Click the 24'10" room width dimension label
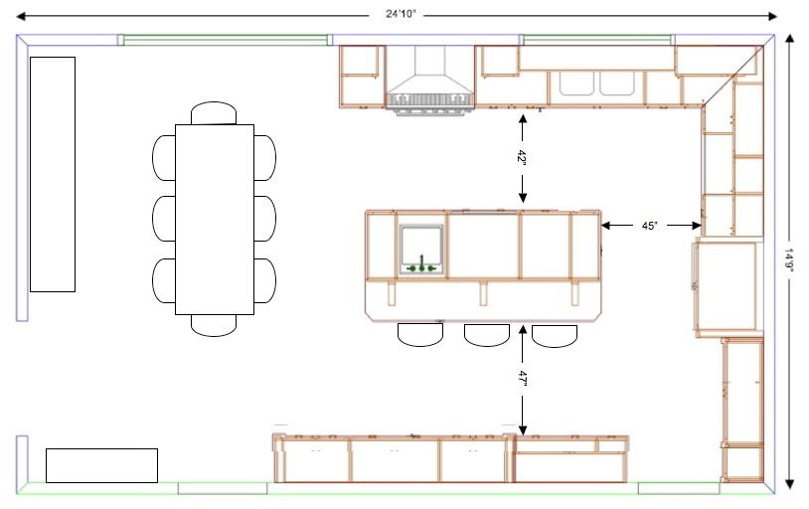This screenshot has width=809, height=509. click(401, 14)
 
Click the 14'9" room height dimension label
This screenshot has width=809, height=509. click(789, 262)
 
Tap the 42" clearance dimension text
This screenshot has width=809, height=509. click(522, 157)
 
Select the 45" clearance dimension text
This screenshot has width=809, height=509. click(650, 226)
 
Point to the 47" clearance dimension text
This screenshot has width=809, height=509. click(522, 379)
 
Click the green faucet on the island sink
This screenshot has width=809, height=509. click(421, 264)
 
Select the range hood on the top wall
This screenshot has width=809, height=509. click(429, 79)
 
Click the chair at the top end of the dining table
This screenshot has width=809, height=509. click(214, 113)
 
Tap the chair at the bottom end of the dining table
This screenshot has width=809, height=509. click(214, 325)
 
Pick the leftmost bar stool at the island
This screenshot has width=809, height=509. click(420, 334)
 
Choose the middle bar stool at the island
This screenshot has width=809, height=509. click(487, 334)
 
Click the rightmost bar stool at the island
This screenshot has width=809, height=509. click(555, 336)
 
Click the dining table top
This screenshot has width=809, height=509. click(215, 220)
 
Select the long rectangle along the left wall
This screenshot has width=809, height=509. click(53, 175)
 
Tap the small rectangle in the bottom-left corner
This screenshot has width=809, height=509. click(101, 465)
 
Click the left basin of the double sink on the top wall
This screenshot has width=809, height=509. click(576, 84)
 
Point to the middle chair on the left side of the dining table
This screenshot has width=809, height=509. click(164, 219)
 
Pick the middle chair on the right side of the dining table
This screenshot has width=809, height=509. click(264, 219)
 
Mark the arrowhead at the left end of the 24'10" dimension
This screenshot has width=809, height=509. click(21, 17)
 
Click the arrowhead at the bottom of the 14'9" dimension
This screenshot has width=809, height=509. click(789, 484)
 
